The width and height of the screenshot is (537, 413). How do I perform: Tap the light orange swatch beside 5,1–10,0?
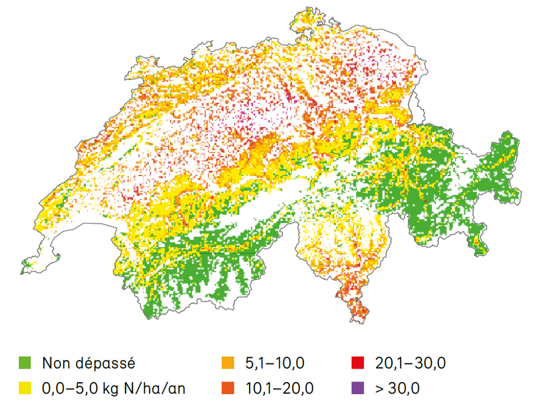click(228, 364)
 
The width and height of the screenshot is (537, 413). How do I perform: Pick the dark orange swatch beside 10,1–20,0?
click(228, 387)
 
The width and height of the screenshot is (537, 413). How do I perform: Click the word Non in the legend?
click(56, 364)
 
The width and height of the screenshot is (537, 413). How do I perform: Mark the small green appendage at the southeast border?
click(479, 245)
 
